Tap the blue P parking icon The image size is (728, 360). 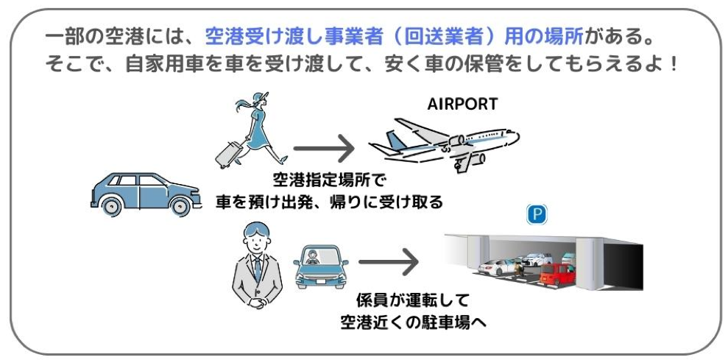click(x=537, y=214)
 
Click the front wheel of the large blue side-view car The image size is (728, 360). click(x=178, y=207)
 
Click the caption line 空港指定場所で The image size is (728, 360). click(x=329, y=180)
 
